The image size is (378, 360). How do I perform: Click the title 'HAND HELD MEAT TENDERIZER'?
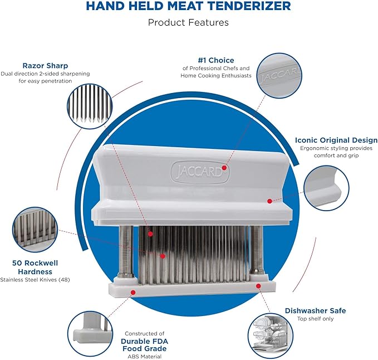click(x=188, y=7)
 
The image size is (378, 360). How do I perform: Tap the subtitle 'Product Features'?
click(x=188, y=23)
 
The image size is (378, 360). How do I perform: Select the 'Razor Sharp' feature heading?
click(x=46, y=65)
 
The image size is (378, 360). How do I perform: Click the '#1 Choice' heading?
click(x=216, y=60)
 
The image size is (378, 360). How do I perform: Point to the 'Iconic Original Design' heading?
click(x=336, y=140)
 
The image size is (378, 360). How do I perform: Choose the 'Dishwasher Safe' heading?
click(x=315, y=310)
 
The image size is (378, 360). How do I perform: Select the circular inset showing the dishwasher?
click(x=271, y=335)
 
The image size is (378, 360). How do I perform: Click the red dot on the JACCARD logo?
click(x=224, y=167)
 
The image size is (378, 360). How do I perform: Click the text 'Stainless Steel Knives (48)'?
click(x=36, y=279)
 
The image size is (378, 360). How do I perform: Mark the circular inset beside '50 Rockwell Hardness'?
click(x=35, y=230)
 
